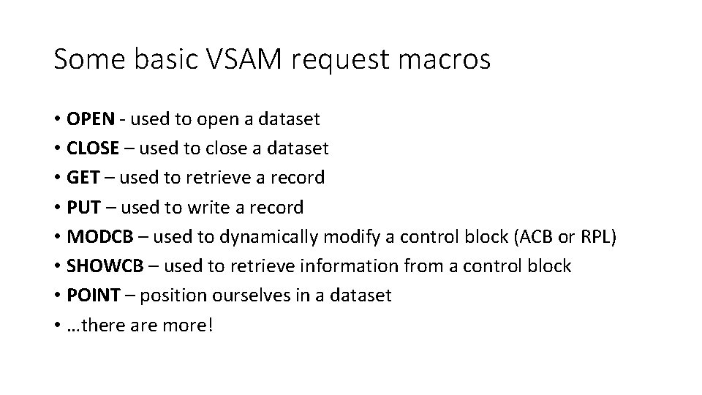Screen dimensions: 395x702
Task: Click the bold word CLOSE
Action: tap(93, 148)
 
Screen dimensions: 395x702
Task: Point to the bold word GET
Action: tap(81, 178)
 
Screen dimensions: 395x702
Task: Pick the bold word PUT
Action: tap(82, 208)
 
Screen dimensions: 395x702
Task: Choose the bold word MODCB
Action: tap(97, 237)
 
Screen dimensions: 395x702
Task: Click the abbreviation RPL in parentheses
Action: tap(600, 237)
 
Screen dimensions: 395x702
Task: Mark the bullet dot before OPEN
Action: tap(57, 119)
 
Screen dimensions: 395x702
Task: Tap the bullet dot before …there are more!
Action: tap(57, 326)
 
